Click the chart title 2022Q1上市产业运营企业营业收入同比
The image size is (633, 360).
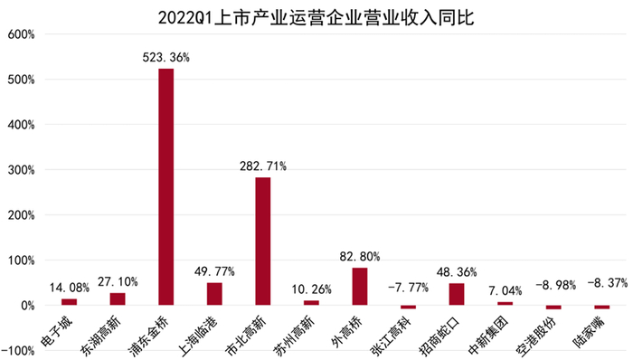(316, 16)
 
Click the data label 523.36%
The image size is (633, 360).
(166, 58)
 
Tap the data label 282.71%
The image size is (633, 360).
(263, 166)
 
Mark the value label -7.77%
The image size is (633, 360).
(408, 289)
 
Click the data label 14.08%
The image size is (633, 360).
(69, 289)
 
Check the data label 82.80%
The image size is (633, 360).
(360, 256)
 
